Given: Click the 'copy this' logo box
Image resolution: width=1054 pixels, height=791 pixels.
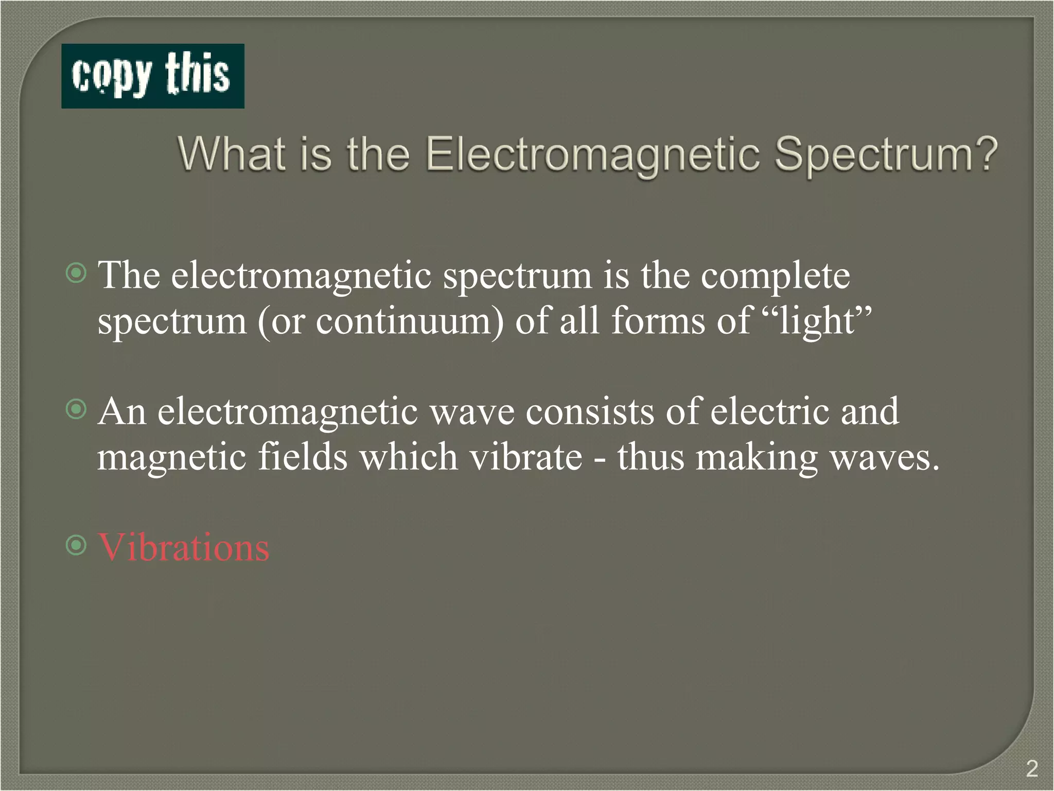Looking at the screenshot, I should click(152, 76).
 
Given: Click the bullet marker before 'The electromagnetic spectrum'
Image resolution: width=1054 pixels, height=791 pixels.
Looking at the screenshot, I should click(77, 273).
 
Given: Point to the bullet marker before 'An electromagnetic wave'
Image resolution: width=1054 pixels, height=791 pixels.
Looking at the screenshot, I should click(77, 409).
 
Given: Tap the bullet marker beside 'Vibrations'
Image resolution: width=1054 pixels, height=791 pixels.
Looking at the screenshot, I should click(77, 545).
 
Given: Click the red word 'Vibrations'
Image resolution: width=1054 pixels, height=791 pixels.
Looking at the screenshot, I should click(184, 547).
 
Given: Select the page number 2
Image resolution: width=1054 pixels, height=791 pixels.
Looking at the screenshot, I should click(1031, 769).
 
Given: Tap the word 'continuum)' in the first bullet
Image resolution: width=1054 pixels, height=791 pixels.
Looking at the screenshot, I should click(410, 321).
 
